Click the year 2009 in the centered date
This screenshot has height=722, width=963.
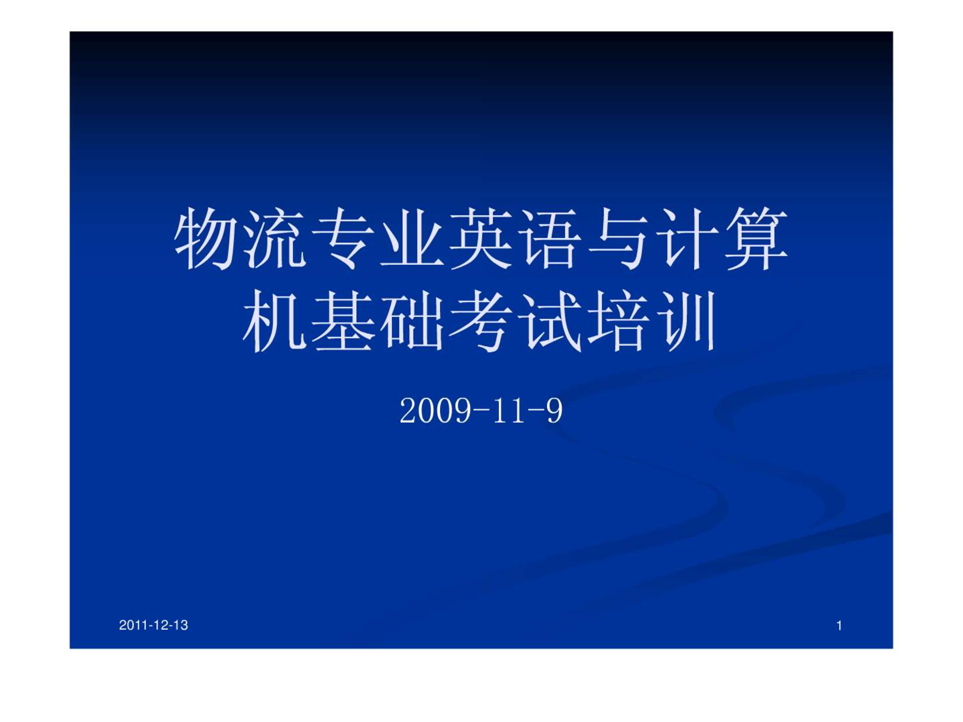point(436,411)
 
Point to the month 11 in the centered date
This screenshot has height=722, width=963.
point(509,411)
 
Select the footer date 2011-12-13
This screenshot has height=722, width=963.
point(153,625)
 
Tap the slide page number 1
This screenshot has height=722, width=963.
point(839,626)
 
